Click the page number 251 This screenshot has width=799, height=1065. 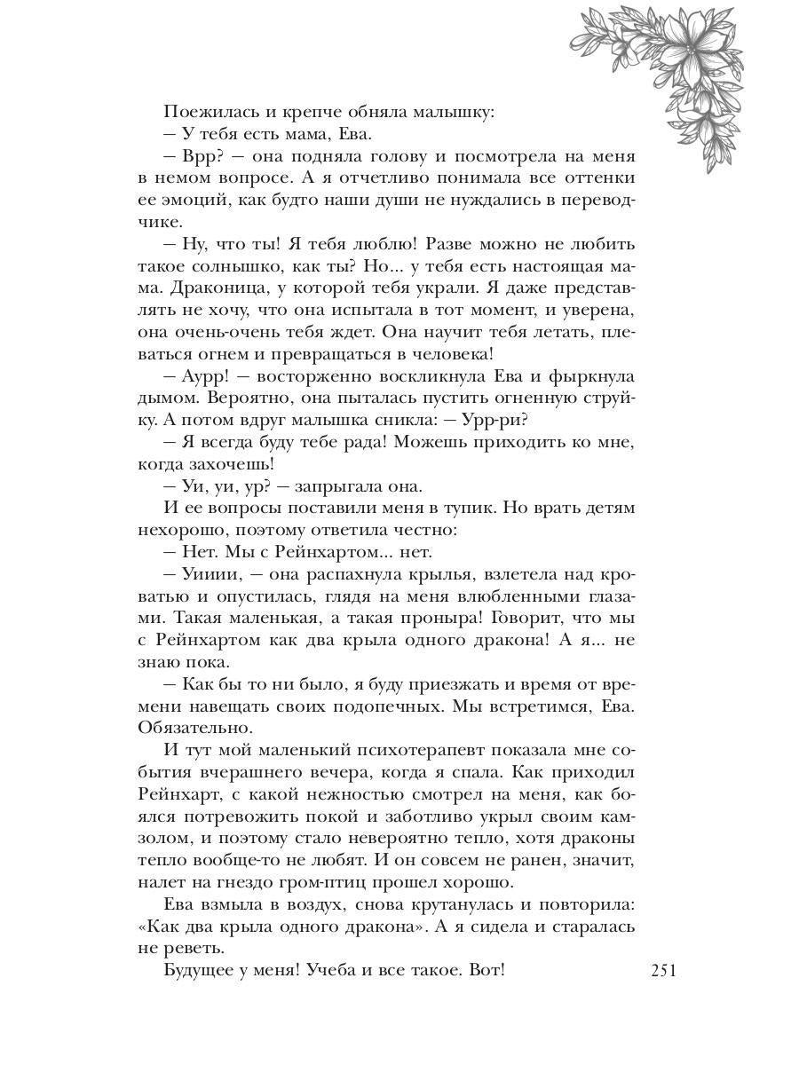tap(663, 970)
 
